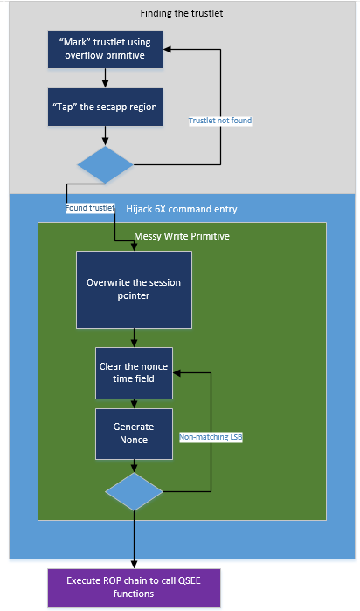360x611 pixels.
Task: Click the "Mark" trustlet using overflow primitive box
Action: [105, 50]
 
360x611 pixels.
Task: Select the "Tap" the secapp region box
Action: [105, 108]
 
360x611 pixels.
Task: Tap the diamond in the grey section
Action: [105, 164]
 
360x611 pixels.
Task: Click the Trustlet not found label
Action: [220, 121]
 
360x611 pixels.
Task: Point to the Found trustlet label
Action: [90, 208]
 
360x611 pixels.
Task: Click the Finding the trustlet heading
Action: [182, 13]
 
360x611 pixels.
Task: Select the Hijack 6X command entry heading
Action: [182, 209]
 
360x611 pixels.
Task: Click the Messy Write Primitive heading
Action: [182, 236]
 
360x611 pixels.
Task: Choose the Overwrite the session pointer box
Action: [134, 289]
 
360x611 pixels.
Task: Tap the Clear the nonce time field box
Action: [134, 373]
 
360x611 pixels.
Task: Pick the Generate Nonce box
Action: [134, 434]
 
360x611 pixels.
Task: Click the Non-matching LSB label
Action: [211, 437]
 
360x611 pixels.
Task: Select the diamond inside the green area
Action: [134, 492]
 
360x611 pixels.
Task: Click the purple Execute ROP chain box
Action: [134, 587]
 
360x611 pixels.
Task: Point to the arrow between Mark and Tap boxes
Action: [105, 79]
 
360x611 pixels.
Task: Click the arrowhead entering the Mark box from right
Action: [166, 50]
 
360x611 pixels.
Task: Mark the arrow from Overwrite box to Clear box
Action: [134, 338]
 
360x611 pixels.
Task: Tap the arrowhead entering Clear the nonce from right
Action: [177, 373]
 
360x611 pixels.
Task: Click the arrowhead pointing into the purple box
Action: [134, 566]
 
